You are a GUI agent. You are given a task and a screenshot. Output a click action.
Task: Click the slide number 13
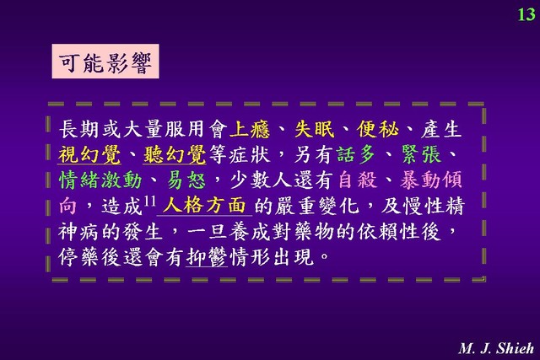[526, 15]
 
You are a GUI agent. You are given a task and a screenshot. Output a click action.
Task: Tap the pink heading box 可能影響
[105, 62]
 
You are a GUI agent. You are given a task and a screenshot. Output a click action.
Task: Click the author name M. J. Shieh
[497, 348]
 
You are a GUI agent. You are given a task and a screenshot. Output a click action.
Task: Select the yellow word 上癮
[250, 129]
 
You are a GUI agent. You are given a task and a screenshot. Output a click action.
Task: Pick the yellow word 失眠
[315, 129]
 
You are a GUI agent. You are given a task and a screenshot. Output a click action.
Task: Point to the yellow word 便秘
[378, 129]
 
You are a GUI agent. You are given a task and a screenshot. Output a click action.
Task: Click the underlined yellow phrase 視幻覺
[89, 154]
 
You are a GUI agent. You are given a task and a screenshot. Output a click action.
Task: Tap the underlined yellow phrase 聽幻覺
[175, 154]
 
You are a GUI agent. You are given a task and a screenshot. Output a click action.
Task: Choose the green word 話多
[357, 154]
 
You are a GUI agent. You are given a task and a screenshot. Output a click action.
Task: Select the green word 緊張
[422, 154]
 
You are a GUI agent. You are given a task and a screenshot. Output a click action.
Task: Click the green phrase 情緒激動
[100, 180]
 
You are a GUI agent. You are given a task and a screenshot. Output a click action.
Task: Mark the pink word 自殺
[358, 180]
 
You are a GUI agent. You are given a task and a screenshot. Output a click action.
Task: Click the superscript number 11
[149, 201]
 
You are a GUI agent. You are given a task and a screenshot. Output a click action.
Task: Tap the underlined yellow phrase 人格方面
[204, 206]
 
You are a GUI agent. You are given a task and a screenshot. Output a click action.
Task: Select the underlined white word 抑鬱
[207, 257]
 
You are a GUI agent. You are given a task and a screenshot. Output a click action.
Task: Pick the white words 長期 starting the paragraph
[78, 129]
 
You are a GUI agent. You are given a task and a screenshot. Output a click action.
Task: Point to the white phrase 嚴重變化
[317, 206]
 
